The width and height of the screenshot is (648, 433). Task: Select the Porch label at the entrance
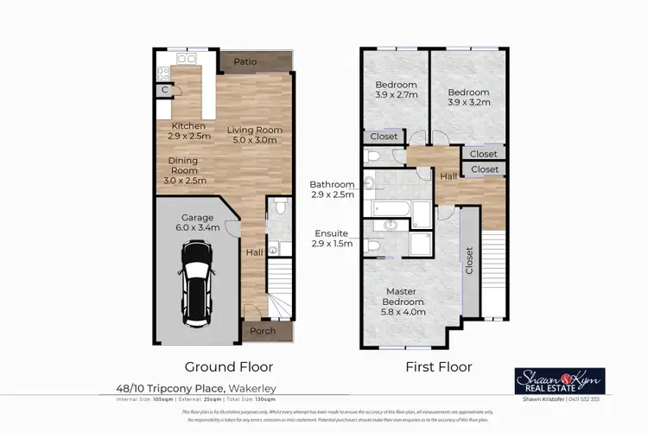point(263,331)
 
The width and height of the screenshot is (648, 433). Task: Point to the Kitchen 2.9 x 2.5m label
point(187,131)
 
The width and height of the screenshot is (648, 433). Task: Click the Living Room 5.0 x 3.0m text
point(255,135)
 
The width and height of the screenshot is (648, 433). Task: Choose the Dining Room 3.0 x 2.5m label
point(183,170)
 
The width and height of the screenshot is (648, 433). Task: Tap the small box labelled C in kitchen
point(163,90)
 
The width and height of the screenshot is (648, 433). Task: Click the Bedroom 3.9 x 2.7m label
point(397,90)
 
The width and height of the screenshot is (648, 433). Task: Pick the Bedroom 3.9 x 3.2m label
point(468,98)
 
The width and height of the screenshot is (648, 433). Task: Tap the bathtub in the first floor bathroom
point(393,209)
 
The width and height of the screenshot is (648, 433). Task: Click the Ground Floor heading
point(218,366)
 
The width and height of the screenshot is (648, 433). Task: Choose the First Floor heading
point(439,366)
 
